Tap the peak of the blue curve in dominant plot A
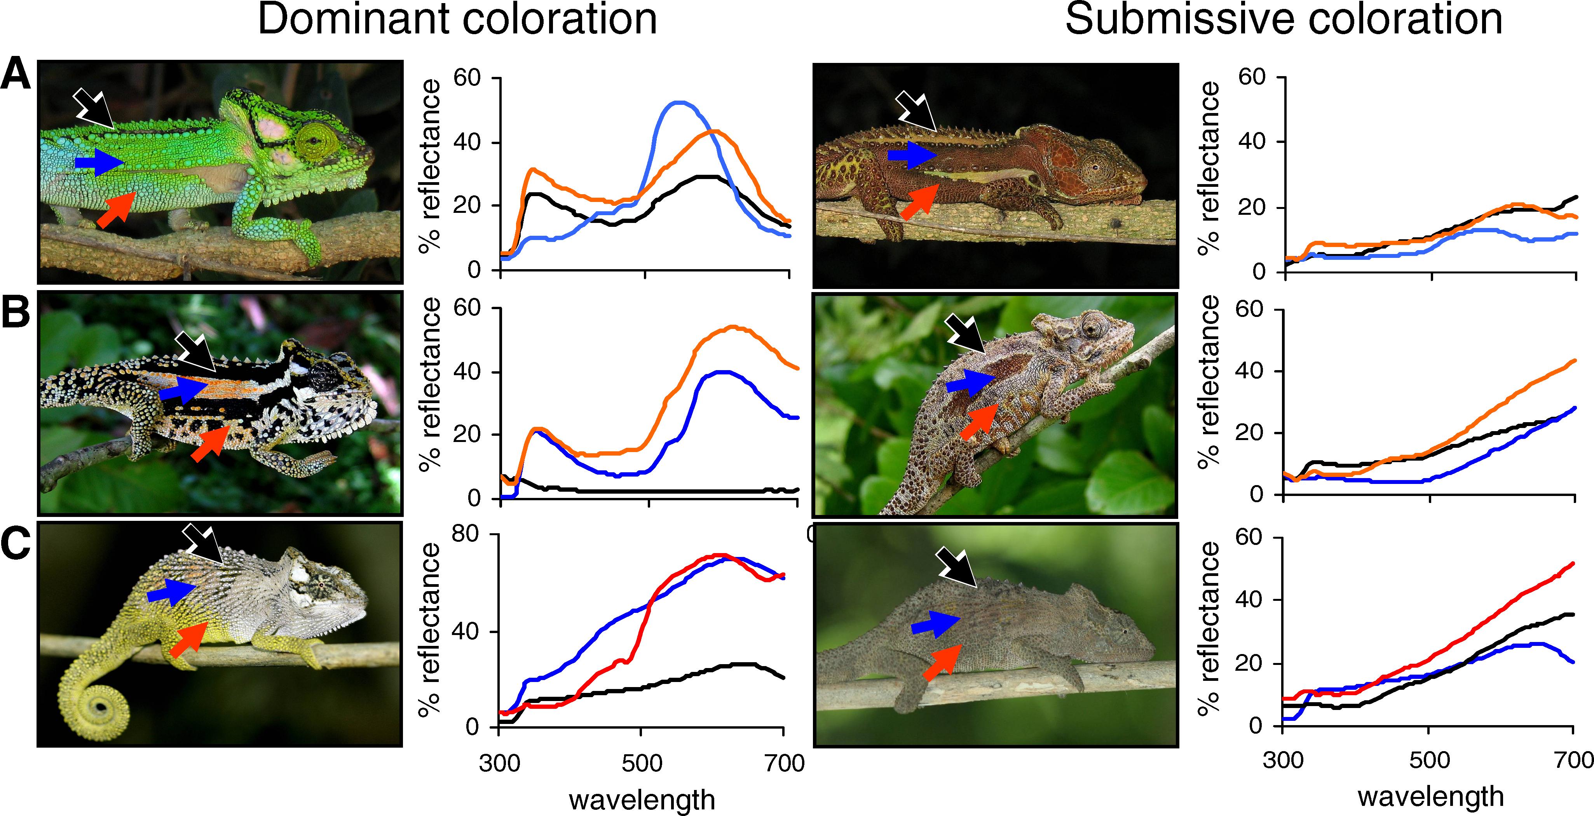[x=679, y=103]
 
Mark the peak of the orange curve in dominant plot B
[x=732, y=327]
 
